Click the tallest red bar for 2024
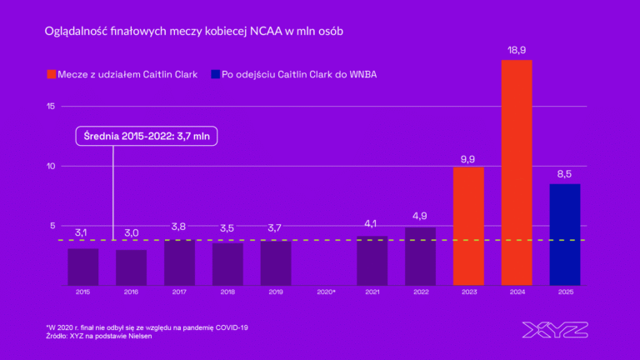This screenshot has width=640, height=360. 517,172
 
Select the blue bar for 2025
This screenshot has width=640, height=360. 565,234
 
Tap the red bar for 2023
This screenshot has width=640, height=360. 468,226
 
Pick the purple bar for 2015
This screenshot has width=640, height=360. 82,267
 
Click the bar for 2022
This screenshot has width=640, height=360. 420,256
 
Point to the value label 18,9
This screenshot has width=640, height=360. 517,51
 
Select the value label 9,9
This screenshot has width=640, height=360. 468,158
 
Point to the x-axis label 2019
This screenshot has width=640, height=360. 276,292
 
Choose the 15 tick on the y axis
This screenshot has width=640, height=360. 51,107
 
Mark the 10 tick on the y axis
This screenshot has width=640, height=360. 51,166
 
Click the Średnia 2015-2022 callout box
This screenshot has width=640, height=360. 147,137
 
